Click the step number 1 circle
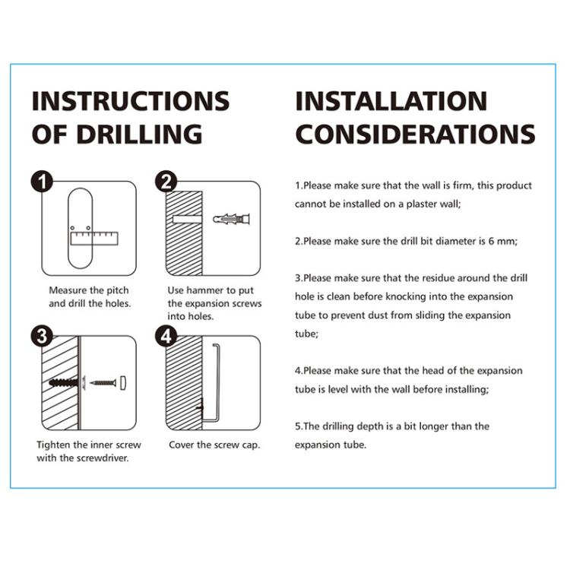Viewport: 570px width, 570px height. pyautogui.click(x=42, y=182)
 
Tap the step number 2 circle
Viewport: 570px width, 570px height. pyautogui.click(x=166, y=182)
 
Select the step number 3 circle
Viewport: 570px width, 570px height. pyautogui.click(x=42, y=336)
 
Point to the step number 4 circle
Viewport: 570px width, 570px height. pyautogui.click(x=166, y=336)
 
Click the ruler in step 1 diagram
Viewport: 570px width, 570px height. pyautogui.click(x=94, y=238)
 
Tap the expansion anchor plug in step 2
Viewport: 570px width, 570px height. pyautogui.click(x=232, y=219)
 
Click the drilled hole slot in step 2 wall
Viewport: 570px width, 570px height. pyautogui.click(x=187, y=219)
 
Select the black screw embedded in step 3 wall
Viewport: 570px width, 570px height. pyautogui.click(x=64, y=382)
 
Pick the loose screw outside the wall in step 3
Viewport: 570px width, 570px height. pyautogui.click(x=103, y=382)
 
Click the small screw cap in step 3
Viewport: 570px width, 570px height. pyautogui.click(x=123, y=382)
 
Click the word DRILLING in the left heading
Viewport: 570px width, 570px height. pyautogui.click(x=140, y=134)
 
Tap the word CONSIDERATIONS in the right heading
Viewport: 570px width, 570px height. pyautogui.click(x=416, y=134)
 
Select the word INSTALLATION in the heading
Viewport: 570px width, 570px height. pyautogui.click(x=391, y=100)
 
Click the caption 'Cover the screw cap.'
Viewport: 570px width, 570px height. pyautogui.click(x=214, y=445)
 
